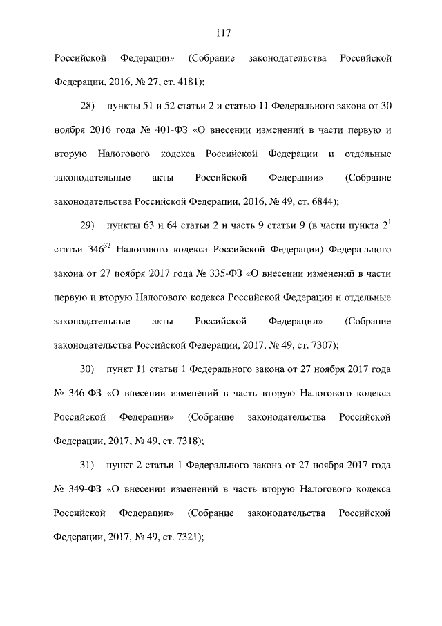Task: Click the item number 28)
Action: click(87, 107)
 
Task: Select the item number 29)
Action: click(87, 226)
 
